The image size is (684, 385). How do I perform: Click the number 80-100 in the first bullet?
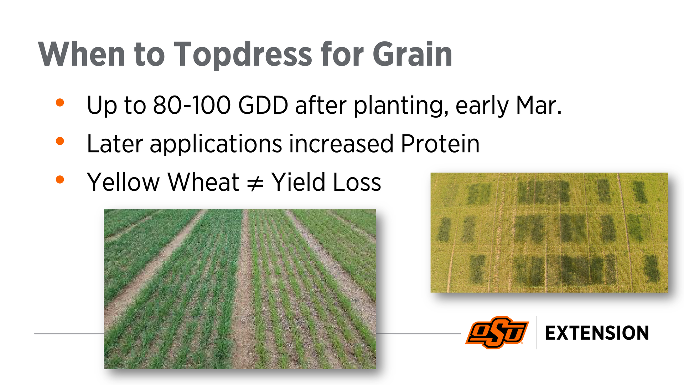click(x=192, y=105)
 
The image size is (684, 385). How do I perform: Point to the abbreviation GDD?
click(x=263, y=105)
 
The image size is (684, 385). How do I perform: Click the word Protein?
click(x=440, y=144)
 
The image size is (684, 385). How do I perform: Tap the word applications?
click(x=216, y=144)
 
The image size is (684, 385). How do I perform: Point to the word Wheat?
click(x=203, y=182)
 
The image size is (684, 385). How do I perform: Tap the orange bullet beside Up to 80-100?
click(x=60, y=103)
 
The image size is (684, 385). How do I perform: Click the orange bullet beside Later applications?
click(x=60, y=141)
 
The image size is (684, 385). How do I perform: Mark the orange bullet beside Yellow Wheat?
click(x=60, y=179)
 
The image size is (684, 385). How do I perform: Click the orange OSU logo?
click(x=497, y=332)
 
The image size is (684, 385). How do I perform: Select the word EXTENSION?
click(x=597, y=333)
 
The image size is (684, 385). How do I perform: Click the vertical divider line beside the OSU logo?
click(x=537, y=332)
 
